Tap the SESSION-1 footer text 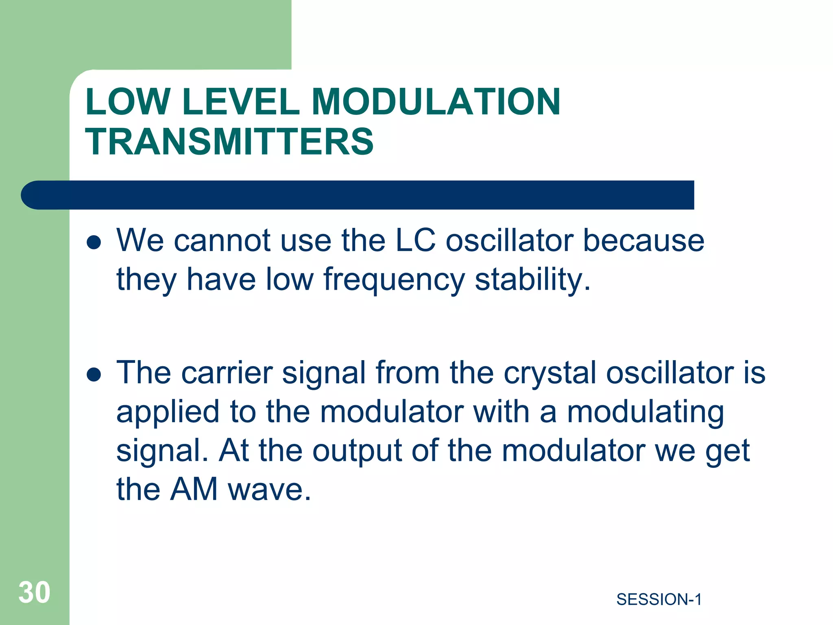tap(659, 599)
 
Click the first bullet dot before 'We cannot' tap(94, 243)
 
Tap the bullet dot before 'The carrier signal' tap(94, 375)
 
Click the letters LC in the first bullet tap(415, 240)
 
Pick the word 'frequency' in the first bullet tap(394, 280)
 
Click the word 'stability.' tap(532, 280)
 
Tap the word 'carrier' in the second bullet tap(227, 373)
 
